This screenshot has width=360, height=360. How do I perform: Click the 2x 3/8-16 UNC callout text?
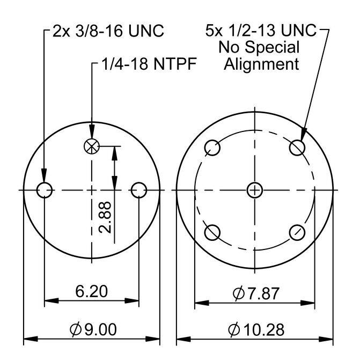(x=108, y=31)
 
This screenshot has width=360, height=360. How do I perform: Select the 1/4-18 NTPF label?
(x=149, y=64)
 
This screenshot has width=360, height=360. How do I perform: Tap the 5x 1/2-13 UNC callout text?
(x=261, y=30)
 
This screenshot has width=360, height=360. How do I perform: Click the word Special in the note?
(x=272, y=47)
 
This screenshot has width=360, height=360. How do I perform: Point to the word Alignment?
(x=261, y=64)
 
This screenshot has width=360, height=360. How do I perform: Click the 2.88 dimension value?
(x=105, y=217)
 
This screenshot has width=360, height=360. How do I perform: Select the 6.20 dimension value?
(x=91, y=291)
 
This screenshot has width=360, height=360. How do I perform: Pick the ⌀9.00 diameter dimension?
(x=93, y=329)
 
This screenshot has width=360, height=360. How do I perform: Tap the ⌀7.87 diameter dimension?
(x=256, y=293)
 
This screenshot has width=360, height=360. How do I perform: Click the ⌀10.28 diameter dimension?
(x=256, y=329)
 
